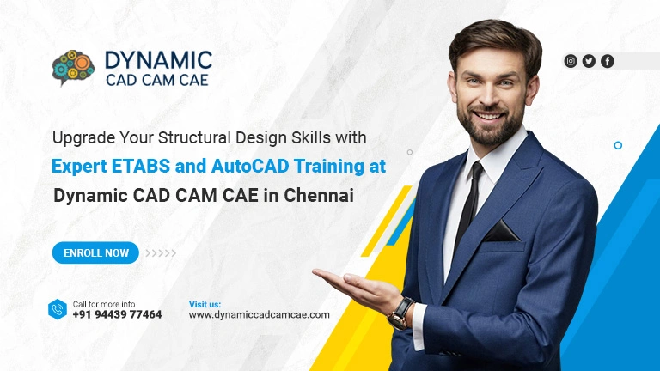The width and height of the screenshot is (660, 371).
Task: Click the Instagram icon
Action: (571, 62)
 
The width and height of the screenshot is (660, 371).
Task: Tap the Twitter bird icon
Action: (589, 62)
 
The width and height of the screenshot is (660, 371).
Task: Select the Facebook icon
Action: (608, 62)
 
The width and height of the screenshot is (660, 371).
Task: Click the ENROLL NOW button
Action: (95, 252)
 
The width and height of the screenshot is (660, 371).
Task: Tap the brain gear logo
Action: (73, 67)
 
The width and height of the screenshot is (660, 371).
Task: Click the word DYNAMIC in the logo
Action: (158, 60)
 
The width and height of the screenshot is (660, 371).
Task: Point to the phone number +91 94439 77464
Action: (117, 314)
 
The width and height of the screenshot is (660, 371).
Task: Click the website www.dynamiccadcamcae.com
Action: (259, 315)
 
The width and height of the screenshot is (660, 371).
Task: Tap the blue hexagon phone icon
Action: (58, 309)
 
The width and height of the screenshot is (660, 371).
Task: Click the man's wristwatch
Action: (401, 313)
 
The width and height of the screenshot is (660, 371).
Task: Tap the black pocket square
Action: (501, 231)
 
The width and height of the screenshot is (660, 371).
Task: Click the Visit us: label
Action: (205, 304)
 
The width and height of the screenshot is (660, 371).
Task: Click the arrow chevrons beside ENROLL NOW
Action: (161, 253)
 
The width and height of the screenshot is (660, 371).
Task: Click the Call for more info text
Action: (104, 304)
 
